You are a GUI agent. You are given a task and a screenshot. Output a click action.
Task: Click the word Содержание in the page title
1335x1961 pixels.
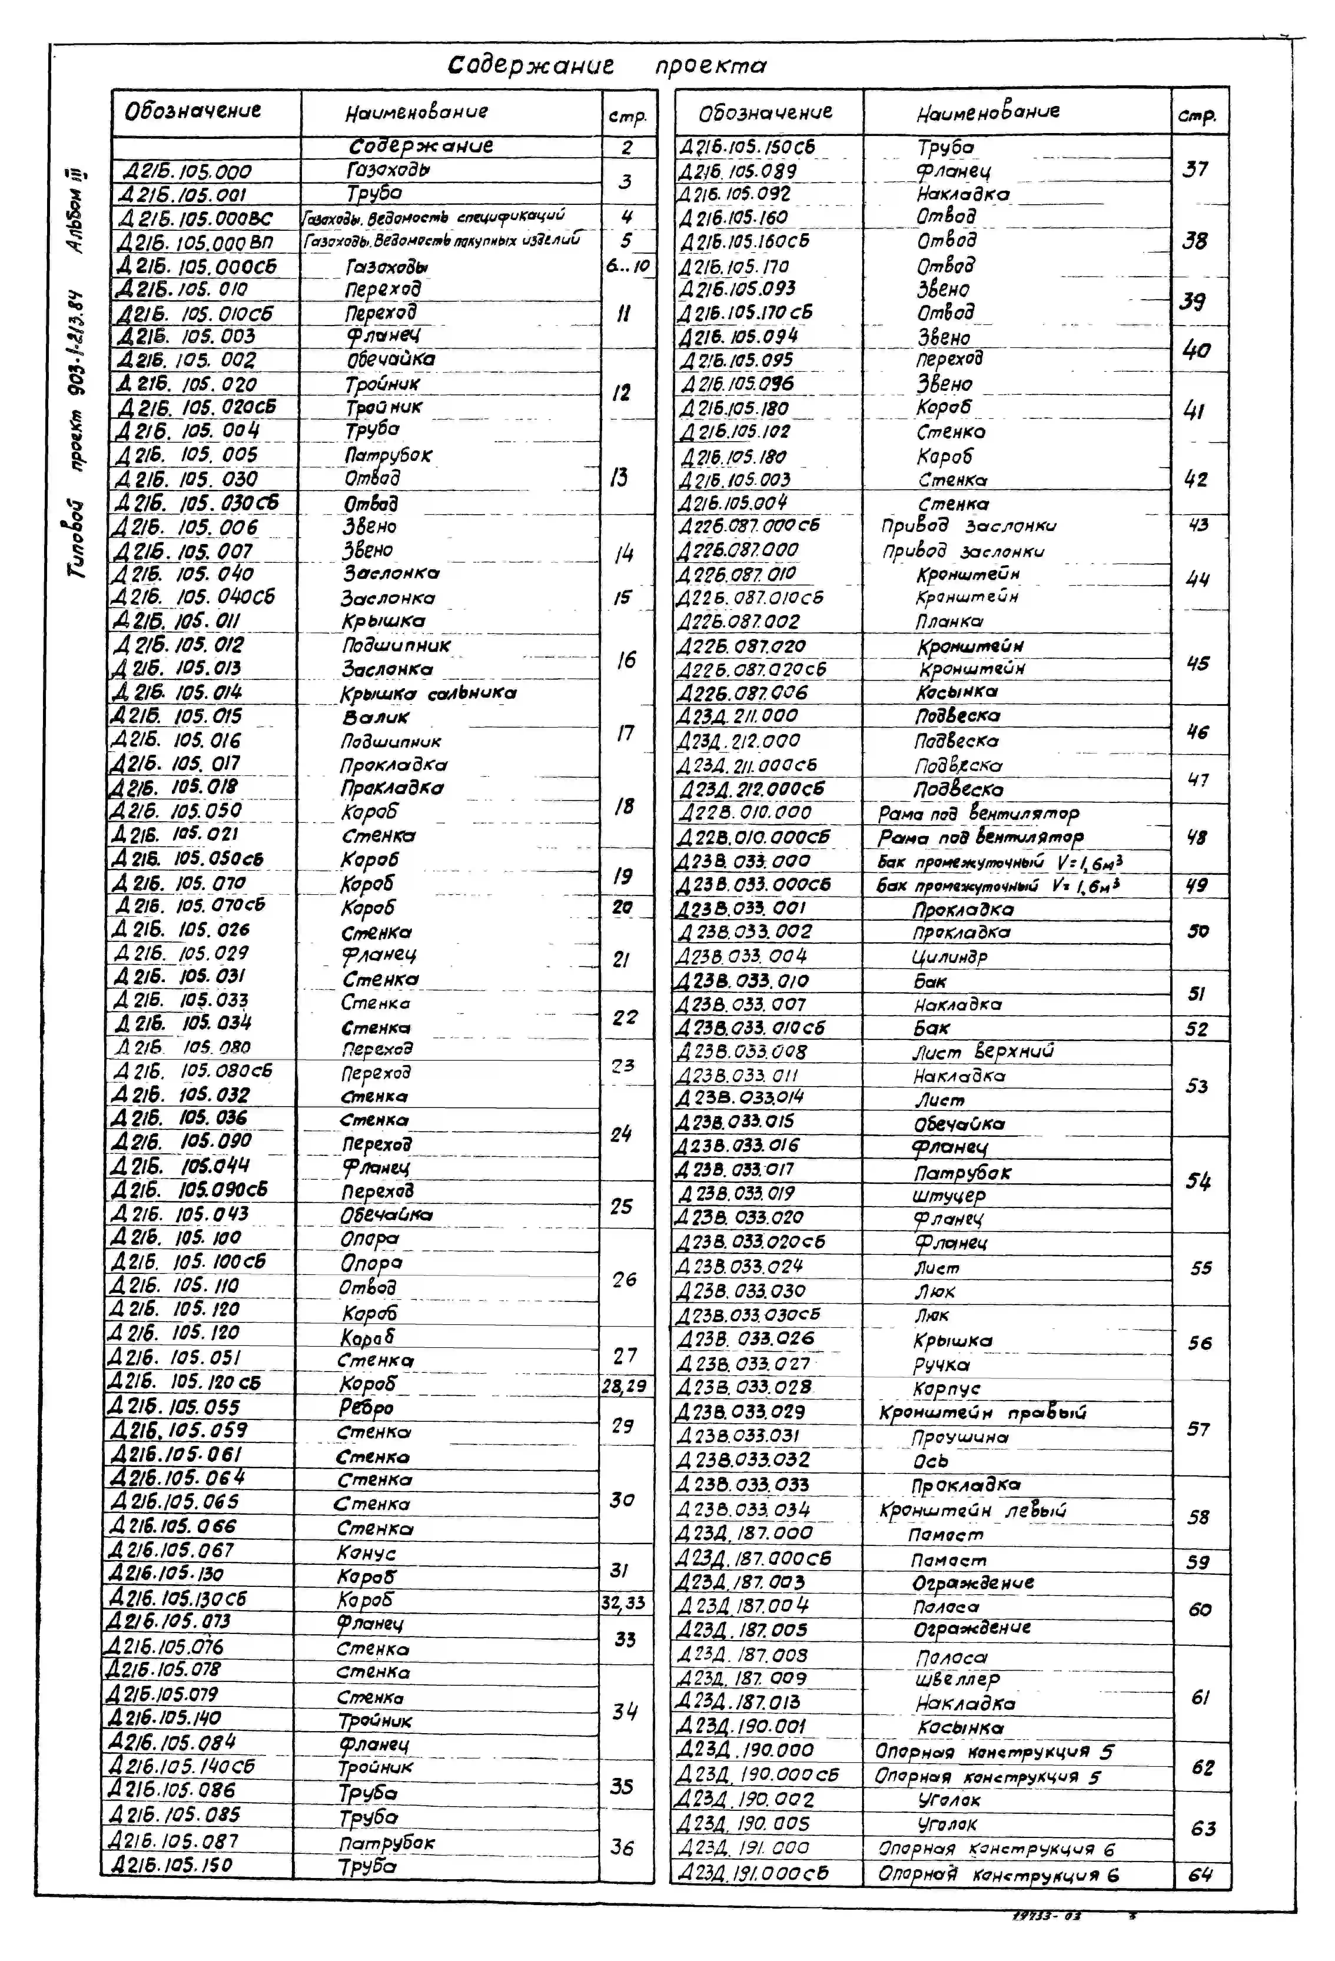click(530, 65)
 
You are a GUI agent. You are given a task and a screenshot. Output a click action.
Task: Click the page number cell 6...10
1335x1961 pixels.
click(627, 266)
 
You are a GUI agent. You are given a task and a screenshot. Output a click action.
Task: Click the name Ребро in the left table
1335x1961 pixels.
click(366, 1408)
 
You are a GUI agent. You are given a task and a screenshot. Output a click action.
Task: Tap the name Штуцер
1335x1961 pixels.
click(949, 1195)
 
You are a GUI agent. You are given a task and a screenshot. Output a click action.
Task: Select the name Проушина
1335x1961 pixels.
click(959, 1436)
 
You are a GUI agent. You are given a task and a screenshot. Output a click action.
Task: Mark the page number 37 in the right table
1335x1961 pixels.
click(1195, 170)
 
